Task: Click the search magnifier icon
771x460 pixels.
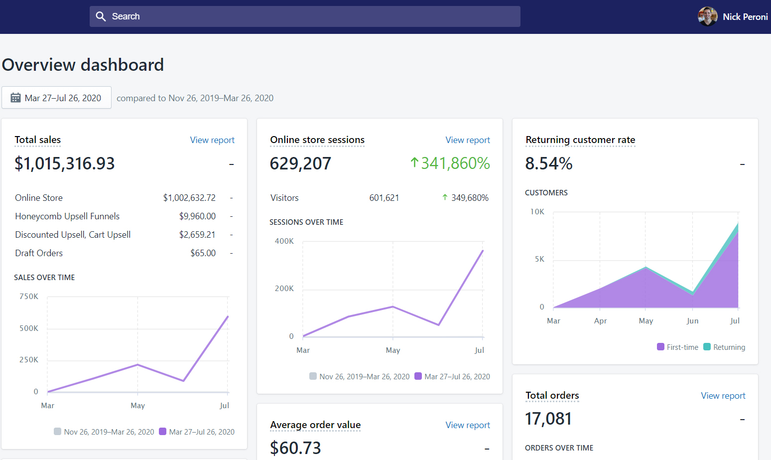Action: click(x=101, y=16)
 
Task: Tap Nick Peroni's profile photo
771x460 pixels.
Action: click(x=708, y=16)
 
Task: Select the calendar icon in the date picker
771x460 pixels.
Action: click(x=15, y=98)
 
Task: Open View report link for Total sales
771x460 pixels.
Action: click(x=212, y=140)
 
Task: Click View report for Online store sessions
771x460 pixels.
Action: click(x=468, y=140)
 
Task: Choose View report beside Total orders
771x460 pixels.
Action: click(x=723, y=396)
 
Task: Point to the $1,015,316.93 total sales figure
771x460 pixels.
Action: click(x=64, y=163)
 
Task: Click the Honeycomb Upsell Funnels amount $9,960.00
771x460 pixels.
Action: click(x=197, y=216)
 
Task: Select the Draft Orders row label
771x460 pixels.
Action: click(x=39, y=253)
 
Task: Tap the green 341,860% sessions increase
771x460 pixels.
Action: click(x=450, y=163)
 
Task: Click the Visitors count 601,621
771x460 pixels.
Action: click(x=384, y=198)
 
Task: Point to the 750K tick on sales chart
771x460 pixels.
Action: click(x=29, y=297)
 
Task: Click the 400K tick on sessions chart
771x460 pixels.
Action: click(x=284, y=241)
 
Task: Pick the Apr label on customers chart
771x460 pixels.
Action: click(x=600, y=321)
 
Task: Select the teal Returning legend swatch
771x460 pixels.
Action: click(x=707, y=347)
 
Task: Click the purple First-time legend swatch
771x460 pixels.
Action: click(x=660, y=347)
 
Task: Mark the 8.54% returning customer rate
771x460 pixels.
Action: click(x=549, y=163)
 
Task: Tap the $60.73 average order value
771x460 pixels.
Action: click(x=295, y=448)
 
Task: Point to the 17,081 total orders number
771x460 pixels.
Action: click(x=548, y=419)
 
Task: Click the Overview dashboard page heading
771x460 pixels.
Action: click(x=83, y=65)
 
